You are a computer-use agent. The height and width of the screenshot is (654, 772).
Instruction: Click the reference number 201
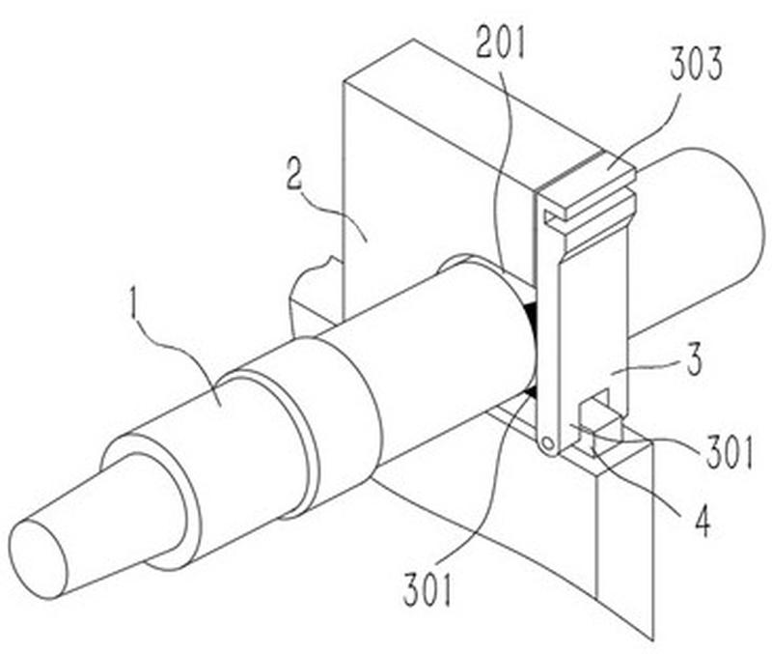(501, 43)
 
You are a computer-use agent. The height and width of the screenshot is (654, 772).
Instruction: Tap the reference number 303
(696, 65)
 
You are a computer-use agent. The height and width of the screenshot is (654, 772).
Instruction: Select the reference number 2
(294, 177)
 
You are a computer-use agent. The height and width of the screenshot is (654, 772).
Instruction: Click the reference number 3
(694, 359)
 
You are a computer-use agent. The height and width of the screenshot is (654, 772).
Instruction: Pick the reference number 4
(702, 521)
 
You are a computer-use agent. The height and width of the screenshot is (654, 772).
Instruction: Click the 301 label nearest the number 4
(731, 452)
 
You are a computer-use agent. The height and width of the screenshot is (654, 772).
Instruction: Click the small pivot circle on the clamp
(547, 444)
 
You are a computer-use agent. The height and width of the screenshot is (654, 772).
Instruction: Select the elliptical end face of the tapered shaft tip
(38, 558)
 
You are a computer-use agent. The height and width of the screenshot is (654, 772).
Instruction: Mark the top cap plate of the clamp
(586, 184)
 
